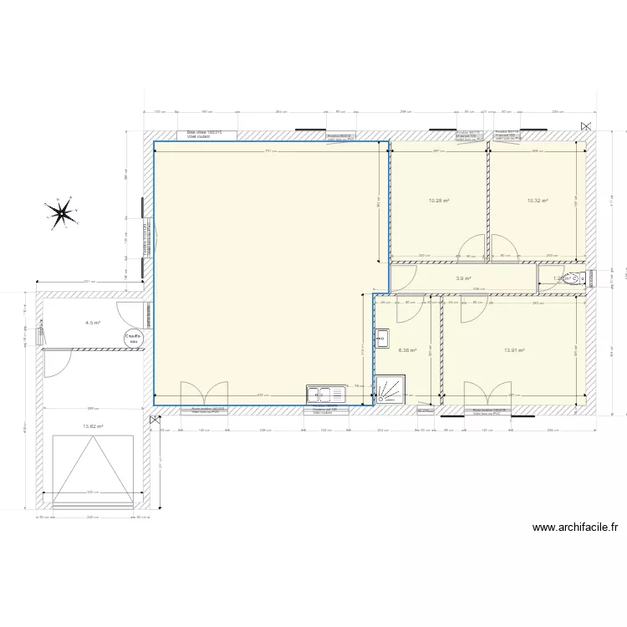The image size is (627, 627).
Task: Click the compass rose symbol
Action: pyautogui.click(x=61, y=213)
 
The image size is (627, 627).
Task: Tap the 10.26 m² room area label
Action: pyautogui.click(x=439, y=201)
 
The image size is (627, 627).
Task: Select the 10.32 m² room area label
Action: pyautogui.click(x=538, y=201)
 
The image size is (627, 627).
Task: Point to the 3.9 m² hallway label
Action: pyautogui.click(x=463, y=279)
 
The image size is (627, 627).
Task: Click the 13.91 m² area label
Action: pyautogui.click(x=514, y=351)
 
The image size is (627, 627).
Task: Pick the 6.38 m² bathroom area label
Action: pyautogui.click(x=407, y=351)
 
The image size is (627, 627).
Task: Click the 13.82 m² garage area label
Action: pyautogui.click(x=93, y=426)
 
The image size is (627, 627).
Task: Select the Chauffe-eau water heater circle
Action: pyautogui.click(x=133, y=338)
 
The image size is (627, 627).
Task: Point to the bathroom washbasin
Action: pyautogui.click(x=383, y=338)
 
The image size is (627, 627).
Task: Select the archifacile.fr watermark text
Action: pyautogui.click(x=575, y=528)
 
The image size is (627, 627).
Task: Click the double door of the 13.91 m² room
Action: pyautogui.click(x=488, y=394)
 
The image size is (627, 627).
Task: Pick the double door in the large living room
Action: pyautogui.click(x=204, y=393)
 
